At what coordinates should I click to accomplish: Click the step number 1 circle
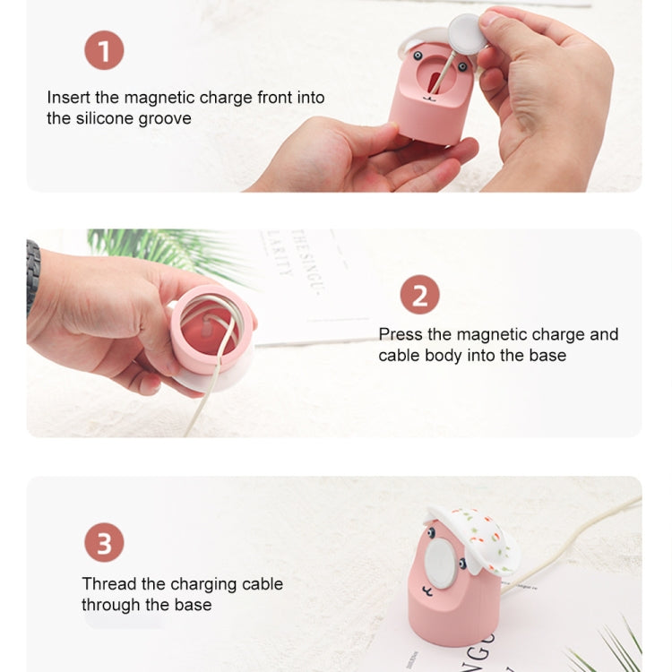pyautogui.click(x=104, y=50)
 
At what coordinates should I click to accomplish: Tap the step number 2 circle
pyautogui.click(x=419, y=295)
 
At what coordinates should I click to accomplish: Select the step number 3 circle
pyautogui.click(x=104, y=543)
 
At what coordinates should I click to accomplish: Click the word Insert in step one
pyautogui.click(x=68, y=97)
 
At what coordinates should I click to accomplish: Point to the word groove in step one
pyautogui.click(x=165, y=118)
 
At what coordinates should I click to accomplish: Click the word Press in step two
pyautogui.click(x=401, y=334)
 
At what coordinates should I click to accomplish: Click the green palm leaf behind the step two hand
pyautogui.click(x=152, y=246)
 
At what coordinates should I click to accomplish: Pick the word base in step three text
pyautogui.click(x=193, y=605)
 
